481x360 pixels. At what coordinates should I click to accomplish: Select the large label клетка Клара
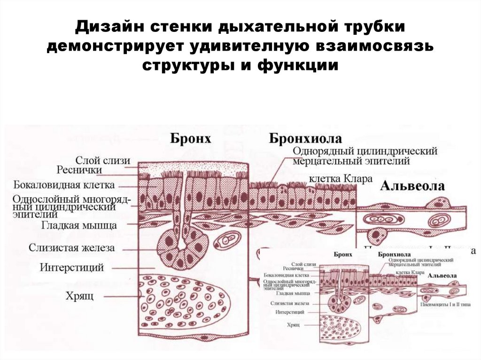click(341, 179)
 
